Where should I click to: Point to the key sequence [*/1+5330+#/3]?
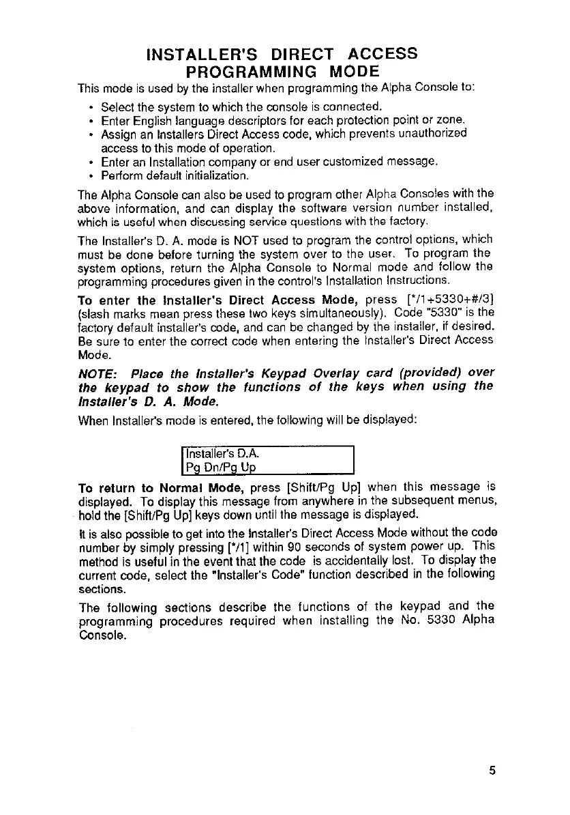click(x=445, y=300)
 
